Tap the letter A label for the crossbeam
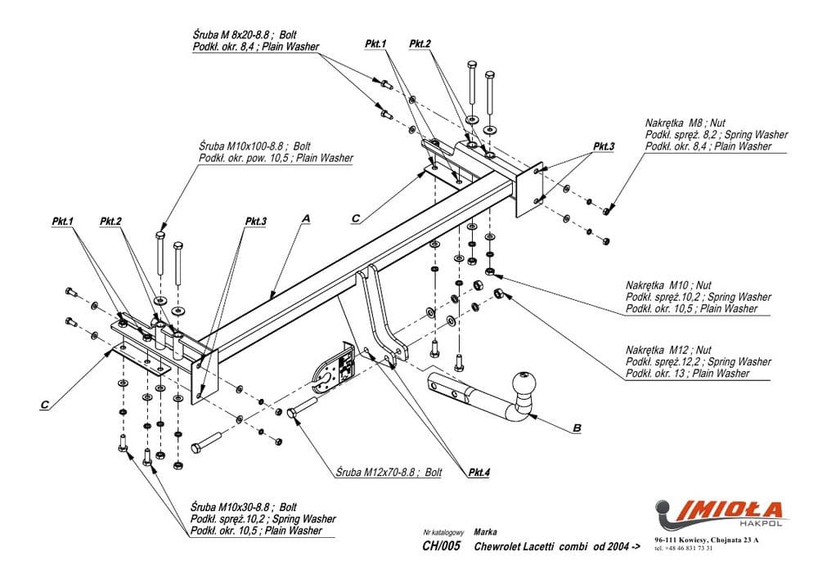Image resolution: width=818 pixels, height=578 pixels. point(305,218)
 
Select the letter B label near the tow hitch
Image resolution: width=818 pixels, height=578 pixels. point(577,427)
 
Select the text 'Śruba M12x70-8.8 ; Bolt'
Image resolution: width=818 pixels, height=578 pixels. point(389,473)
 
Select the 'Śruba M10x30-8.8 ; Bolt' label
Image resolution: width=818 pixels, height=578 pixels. point(243,507)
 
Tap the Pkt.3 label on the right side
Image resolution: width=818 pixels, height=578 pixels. point(603,146)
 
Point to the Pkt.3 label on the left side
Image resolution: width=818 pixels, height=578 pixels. point(255,221)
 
